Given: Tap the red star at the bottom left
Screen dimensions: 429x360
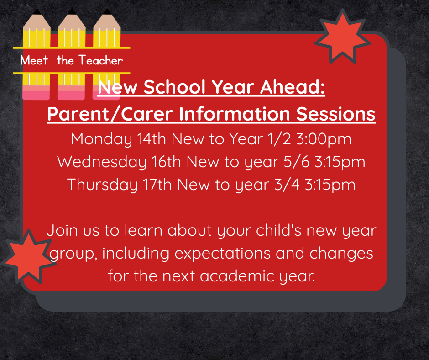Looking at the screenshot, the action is (29, 257).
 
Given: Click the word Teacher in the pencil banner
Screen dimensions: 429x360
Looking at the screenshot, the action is (101, 60).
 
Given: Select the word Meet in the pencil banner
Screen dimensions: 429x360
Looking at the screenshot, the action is (34, 60).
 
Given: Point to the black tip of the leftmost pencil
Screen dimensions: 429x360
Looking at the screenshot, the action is (37, 11).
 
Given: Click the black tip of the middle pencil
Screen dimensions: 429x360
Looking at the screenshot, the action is (72, 11).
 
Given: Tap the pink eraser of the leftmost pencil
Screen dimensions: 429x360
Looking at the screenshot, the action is (36, 93).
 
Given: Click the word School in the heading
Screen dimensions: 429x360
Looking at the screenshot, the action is (174, 87).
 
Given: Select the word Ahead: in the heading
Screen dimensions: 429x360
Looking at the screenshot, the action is (292, 87).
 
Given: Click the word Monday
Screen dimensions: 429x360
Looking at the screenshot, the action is (101, 139).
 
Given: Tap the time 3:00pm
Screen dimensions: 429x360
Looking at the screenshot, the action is (324, 139).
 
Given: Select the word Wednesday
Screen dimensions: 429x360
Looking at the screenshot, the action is (102, 162).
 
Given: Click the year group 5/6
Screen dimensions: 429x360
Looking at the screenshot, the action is (297, 162).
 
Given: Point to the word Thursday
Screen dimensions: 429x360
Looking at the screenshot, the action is (102, 185).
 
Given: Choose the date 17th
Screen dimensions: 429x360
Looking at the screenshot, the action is (157, 185).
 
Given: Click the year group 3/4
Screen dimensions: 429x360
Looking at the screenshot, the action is (287, 185).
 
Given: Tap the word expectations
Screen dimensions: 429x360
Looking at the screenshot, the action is (222, 253).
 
